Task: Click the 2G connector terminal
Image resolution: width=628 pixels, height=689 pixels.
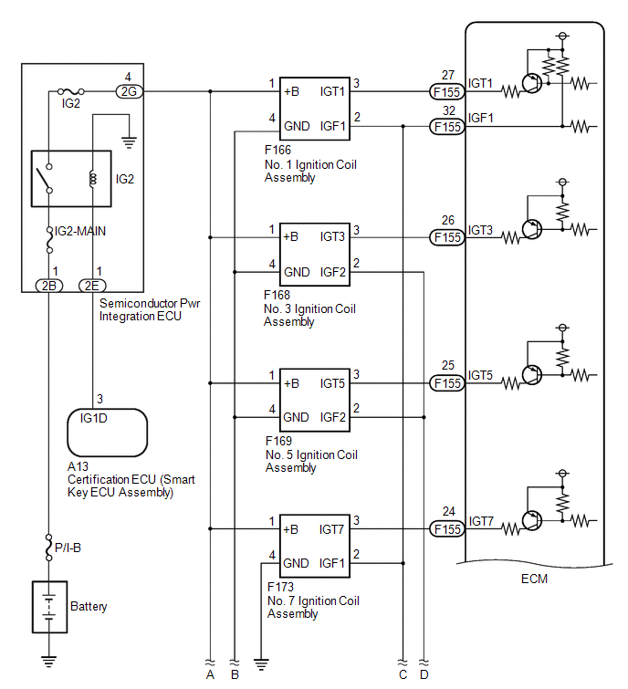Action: click(x=130, y=91)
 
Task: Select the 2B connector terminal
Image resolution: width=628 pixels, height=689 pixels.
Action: click(x=48, y=286)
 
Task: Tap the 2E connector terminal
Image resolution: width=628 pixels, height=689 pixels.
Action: click(x=92, y=286)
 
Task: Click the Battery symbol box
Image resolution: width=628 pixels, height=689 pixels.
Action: click(x=49, y=607)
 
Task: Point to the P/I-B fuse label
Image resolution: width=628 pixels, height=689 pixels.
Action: click(x=68, y=548)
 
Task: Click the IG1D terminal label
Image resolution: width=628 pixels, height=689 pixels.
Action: click(x=94, y=418)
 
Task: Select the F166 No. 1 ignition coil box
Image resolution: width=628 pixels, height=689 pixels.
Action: click(x=315, y=109)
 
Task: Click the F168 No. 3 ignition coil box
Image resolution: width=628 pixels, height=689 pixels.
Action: click(x=315, y=255)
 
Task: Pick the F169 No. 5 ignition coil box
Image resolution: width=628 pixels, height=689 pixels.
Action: click(x=315, y=400)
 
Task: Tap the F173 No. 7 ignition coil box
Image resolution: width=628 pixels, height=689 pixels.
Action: click(x=315, y=546)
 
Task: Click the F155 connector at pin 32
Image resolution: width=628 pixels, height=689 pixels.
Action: click(x=447, y=127)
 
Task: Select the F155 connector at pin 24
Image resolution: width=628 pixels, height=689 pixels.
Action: click(x=447, y=529)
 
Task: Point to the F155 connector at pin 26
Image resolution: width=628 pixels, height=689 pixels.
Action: click(x=447, y=237)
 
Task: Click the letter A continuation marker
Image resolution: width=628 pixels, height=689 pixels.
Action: click(x=210, y=674)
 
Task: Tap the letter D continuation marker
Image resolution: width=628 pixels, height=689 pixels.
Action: click(x=424, y=674)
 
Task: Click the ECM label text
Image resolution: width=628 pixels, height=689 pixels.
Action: click(x=534, y=579)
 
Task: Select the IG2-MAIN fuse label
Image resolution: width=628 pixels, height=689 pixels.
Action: click(x=80, y=231)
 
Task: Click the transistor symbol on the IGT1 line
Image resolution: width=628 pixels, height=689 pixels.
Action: click(x=532, y=83)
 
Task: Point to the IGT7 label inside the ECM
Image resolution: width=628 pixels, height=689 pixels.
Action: click(x=481, y=521)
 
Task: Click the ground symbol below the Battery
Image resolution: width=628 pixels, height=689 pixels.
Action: click(x=48, y=661)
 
